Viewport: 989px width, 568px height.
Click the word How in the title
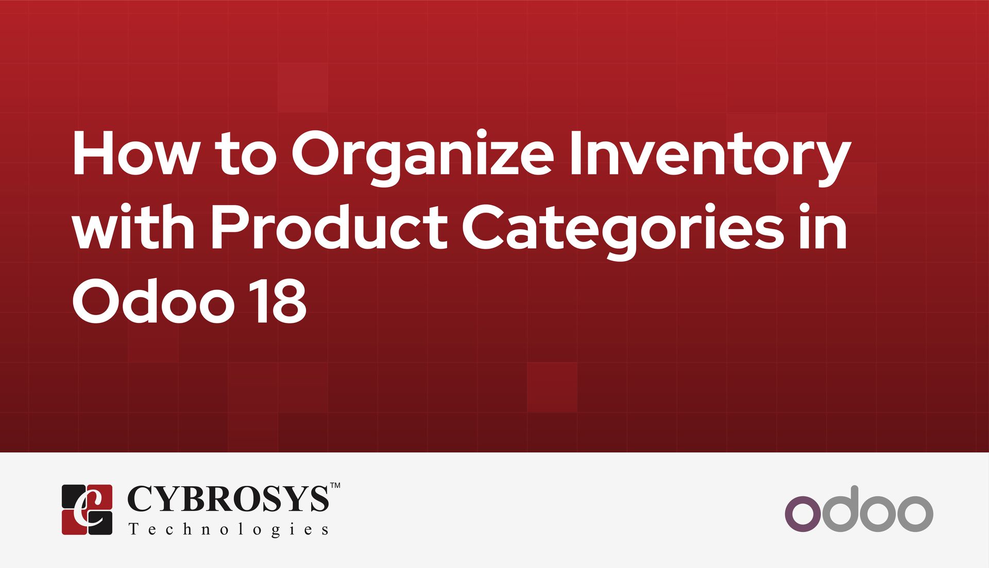(135, 153)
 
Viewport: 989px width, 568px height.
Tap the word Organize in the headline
(422, 157)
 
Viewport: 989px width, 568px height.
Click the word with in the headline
(133, 227)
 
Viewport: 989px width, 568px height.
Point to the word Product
(329, 227)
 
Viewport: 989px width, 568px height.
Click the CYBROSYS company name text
(227, 498)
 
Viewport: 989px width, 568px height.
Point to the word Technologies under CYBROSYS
(228, 529)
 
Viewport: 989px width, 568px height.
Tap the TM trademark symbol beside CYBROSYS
(335, 485)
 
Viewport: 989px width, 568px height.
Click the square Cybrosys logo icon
(87, 509)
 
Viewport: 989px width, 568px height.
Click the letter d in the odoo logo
(841, 509)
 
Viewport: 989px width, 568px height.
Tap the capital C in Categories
(484, 227)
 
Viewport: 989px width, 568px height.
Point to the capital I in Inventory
(576, 153)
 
